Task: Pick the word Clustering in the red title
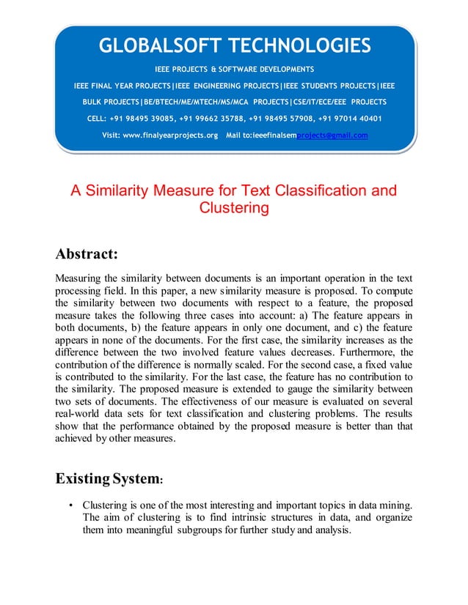(234, 208)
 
